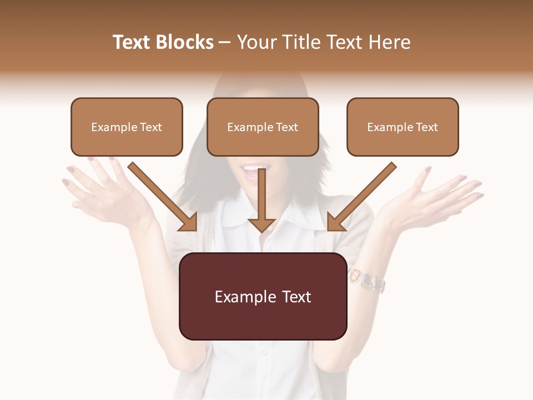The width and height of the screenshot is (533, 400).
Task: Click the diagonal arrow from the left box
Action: pyautogui.click(x=164, y=197)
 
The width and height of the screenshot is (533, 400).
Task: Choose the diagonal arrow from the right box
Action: pyautogui.click(x=361, y=197)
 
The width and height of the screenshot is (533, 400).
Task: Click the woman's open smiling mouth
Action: pyautogui.click(x=251, y=169)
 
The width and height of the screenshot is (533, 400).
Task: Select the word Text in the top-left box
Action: pyautogui.click(x=151, y=127)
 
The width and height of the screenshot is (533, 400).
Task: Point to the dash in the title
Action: pyautogui.click(x=225, y=42)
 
